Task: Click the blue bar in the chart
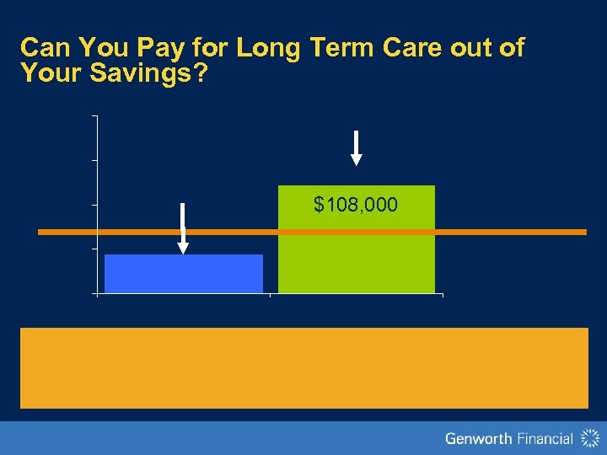(x=184, y=274)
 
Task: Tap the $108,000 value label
(x=356, y=204)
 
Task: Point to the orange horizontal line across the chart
(x=506, y=232)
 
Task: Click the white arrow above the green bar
(x=357, y=148)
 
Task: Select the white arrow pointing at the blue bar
(x=183, y=228)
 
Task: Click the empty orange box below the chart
(x=303, y=367)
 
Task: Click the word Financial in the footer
(x=541, y=438)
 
